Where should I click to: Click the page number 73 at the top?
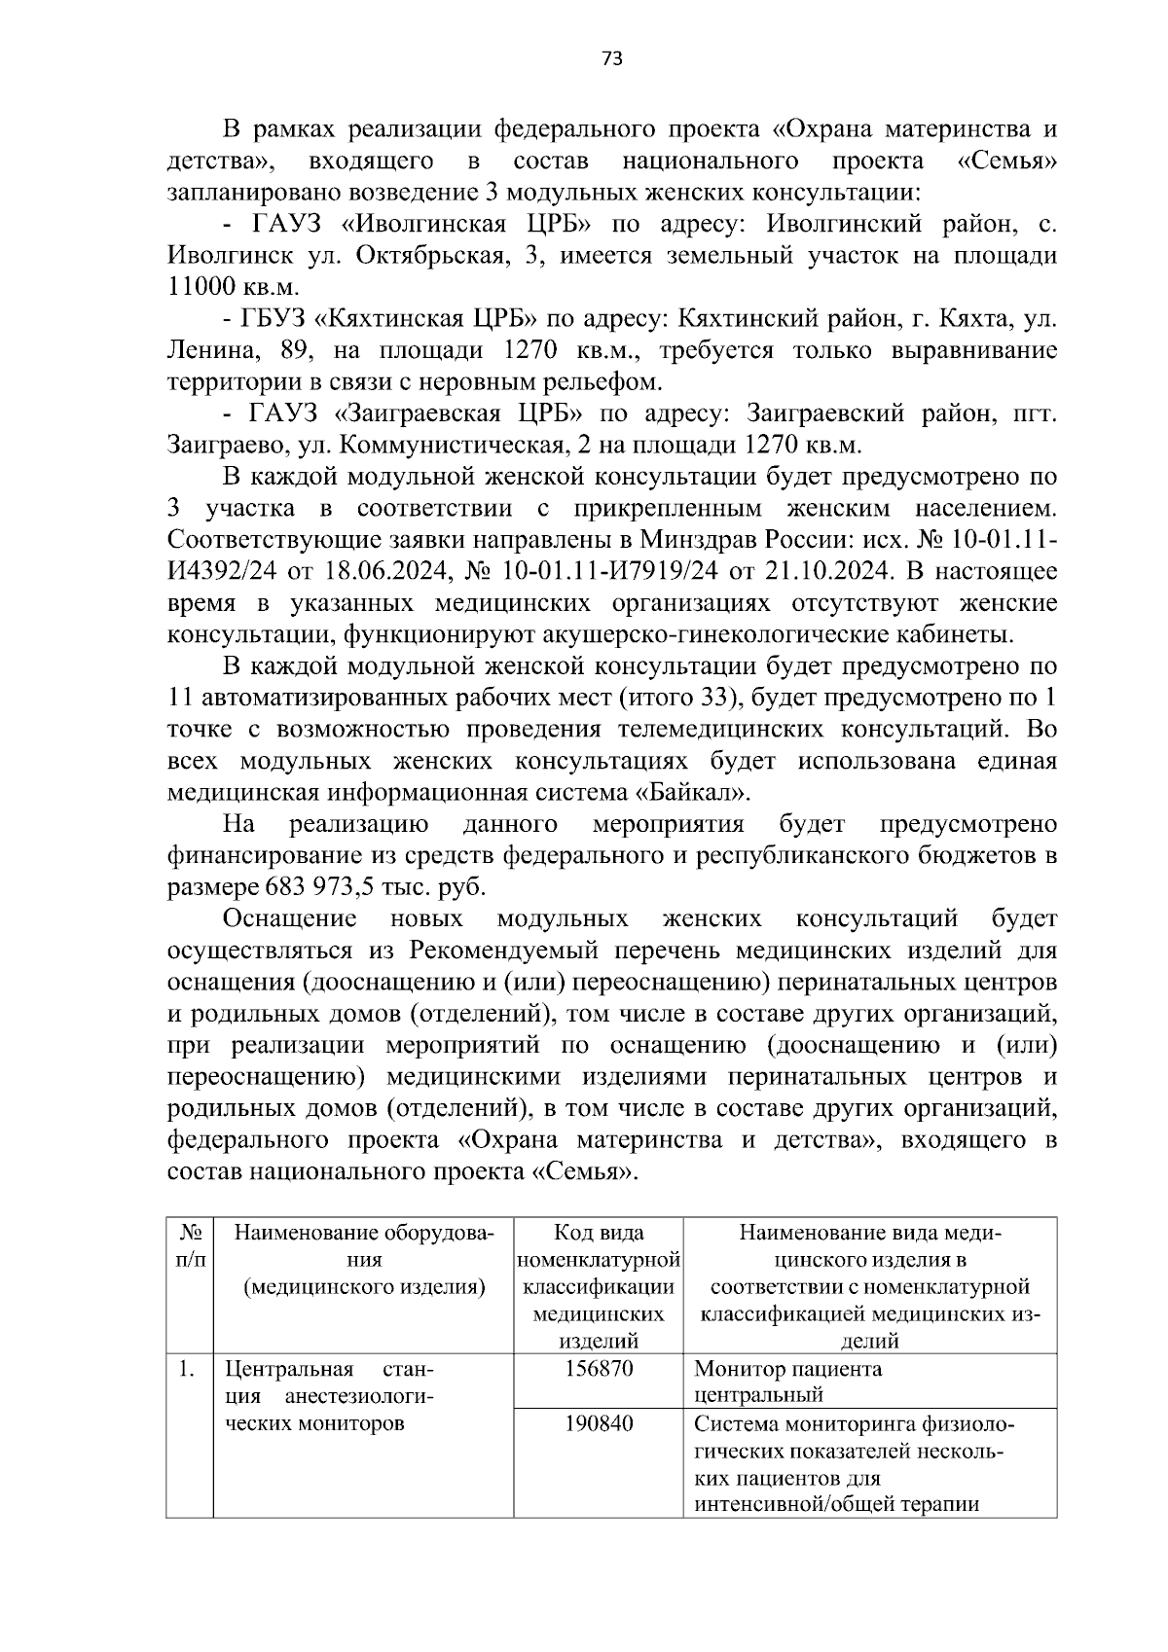611,58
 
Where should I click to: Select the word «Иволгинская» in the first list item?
424,225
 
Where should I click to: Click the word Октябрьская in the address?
423,256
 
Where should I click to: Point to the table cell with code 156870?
599,1369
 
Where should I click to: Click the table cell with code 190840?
599,1424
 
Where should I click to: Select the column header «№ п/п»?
190,1246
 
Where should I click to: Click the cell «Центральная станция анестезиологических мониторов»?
329,1396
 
